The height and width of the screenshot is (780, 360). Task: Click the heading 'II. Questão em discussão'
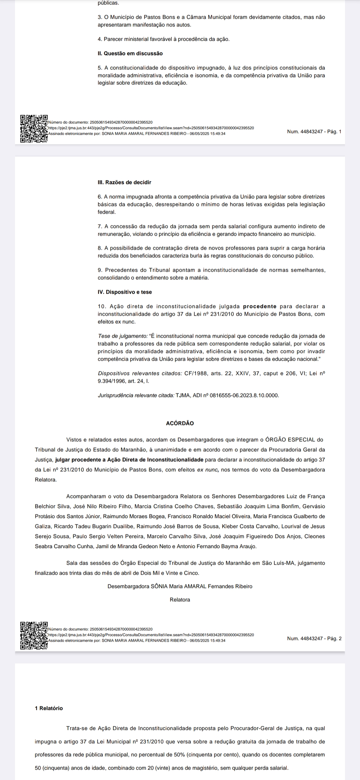point(130,53)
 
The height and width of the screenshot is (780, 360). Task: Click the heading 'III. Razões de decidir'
point(124,182)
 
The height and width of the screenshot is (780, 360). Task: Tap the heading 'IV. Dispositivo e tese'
point(125,292)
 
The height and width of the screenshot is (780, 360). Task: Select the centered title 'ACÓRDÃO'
point(180,423)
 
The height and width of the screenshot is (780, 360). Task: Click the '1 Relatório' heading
point(49,708)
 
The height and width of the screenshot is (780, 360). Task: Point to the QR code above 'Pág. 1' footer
point(34,129)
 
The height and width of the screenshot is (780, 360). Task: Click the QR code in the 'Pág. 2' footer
point(34,636)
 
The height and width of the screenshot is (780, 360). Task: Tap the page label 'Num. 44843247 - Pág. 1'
point(314,132)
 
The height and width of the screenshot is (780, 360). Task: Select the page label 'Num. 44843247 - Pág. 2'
point(314,638)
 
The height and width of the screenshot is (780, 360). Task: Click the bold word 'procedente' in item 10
point(260,306)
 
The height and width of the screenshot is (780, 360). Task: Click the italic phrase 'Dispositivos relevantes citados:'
point(140,373)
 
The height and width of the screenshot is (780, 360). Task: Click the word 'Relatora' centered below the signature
point(180,600)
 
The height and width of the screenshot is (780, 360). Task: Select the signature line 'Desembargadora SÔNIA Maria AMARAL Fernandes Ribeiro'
point(180,586)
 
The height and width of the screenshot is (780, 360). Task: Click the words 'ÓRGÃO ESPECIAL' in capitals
point(290,440)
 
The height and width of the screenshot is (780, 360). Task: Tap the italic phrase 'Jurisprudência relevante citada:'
point(136,395)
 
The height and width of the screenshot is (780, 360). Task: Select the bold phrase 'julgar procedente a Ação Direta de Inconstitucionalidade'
point(129,460)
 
